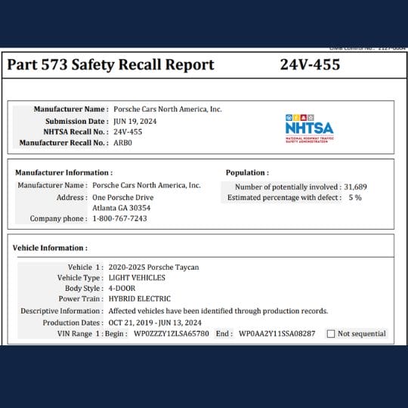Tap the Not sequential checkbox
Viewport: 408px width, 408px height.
[x=331, y=333]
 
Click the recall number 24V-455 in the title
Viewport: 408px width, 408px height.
[x=310, y=65]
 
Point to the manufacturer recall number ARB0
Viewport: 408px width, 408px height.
[x=122, y=142]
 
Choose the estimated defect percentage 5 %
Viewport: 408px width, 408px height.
[x=354, y=197]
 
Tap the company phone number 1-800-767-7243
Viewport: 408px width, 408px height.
[x=119, y=218]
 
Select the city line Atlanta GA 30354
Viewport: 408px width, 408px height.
[x=121, y=207]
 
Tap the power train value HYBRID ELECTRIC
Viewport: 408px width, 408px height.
[x=140, y=298]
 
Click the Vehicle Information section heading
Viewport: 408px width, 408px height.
[x=50, y=247]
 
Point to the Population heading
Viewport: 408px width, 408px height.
[x=246, y=172]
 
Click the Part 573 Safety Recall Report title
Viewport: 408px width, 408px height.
[x=111, y=65]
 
